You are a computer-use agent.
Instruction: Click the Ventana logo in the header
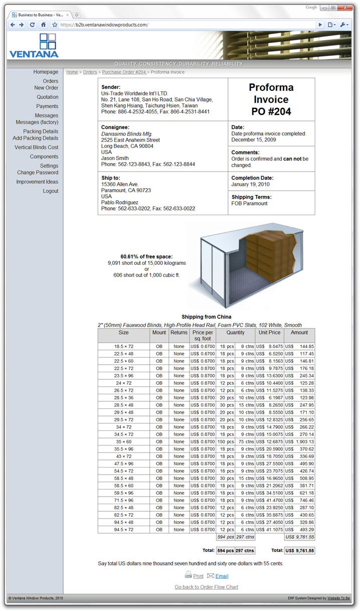coord(34,45)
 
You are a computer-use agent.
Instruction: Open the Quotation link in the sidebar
coord(48,97)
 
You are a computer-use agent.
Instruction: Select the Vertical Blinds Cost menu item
coord(37,147)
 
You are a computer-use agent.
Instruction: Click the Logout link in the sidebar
coord(51,191)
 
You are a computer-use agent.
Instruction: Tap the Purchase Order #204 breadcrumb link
coord(124,72)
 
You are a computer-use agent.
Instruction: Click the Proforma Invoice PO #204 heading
coord(271,99)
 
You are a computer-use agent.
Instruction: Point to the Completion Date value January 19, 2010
coord(251,184)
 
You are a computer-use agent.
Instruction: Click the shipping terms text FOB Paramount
coord(250,203)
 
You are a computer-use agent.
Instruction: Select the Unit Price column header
coord(269,333)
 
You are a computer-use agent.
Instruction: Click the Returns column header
coord(178,333)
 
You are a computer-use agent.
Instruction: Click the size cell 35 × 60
coord(124,441)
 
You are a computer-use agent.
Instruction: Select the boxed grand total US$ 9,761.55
coord(299,551)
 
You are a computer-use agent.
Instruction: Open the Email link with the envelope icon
coord(222,576)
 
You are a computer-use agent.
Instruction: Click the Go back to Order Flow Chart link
coord(207,587)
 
